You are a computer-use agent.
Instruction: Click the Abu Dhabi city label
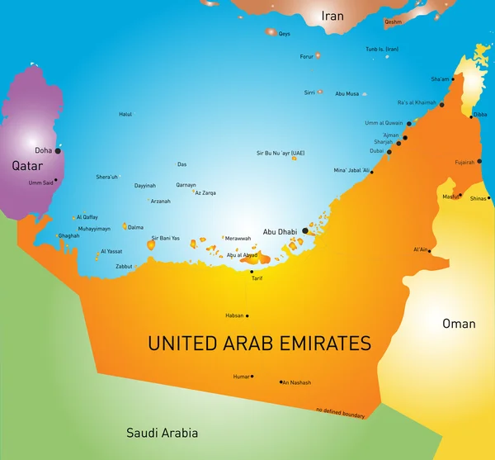pyautogui.click(x=280, y=231)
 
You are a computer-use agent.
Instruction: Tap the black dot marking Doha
pyautogui.click(x=58, y=151)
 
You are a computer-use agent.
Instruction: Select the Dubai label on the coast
pyautogui.click(x=377, y=151)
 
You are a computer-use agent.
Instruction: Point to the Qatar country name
pyautogui.click(x=26, y=165)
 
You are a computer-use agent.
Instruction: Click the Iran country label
pyautogui.click(x=332, y=16)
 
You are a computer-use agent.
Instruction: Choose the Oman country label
pyautogui.click(x=459, y=323)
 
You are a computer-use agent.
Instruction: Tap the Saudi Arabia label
pyautogui.click(x=162, y=432)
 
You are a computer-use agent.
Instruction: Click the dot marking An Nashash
pyautogui.click(x=281, y=382)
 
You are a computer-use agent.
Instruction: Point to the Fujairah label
pyautogui.click(x=464, y=162)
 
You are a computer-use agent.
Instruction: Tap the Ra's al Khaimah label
pyautogui.click(x=417, y=102)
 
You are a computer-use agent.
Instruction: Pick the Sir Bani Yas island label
pyautogui.click(x=165, y=238)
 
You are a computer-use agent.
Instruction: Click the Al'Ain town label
pyautogui.click(x=420, y=249)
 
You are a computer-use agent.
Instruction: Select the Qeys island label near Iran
pyautogui.click(x=285, y=34)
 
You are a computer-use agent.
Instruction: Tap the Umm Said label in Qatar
pyautogui.click(x=40, y=183)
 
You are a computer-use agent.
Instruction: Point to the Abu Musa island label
pyautogui.click(x=346, y=94)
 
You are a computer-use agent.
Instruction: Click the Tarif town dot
pyautogui.click(x=252, y=271)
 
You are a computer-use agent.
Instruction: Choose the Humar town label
pyautogui.click(x=241, y=377)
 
